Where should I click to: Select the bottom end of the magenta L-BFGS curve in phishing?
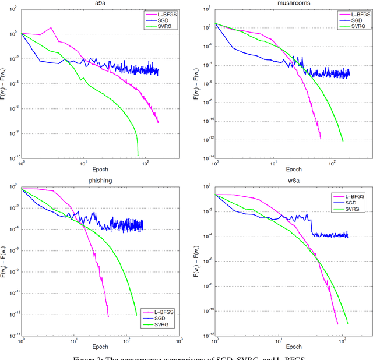click(x=108, y=316)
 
